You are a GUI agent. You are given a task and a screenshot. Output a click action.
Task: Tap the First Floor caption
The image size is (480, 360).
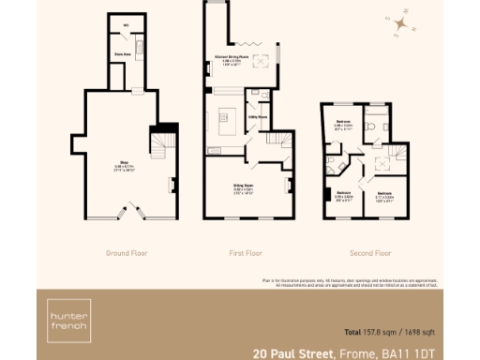(245, 253)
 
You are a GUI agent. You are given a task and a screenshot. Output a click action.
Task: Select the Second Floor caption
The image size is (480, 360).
(369, 253)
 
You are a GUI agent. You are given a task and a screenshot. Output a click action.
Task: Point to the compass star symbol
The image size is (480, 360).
(400, 23)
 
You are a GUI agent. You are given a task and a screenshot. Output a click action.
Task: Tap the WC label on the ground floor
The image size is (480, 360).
(125, 24)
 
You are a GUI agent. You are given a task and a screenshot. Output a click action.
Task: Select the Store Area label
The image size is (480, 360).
(121, 55)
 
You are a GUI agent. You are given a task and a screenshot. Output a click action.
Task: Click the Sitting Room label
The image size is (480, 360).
(245, 187)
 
